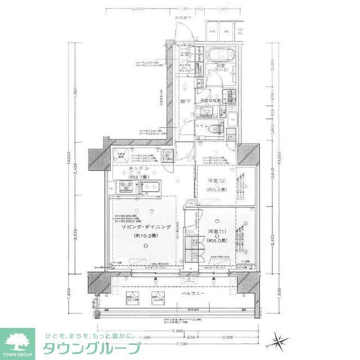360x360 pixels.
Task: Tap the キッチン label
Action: [x=138, y=168]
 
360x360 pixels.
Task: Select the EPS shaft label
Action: [x=213, y=31]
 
